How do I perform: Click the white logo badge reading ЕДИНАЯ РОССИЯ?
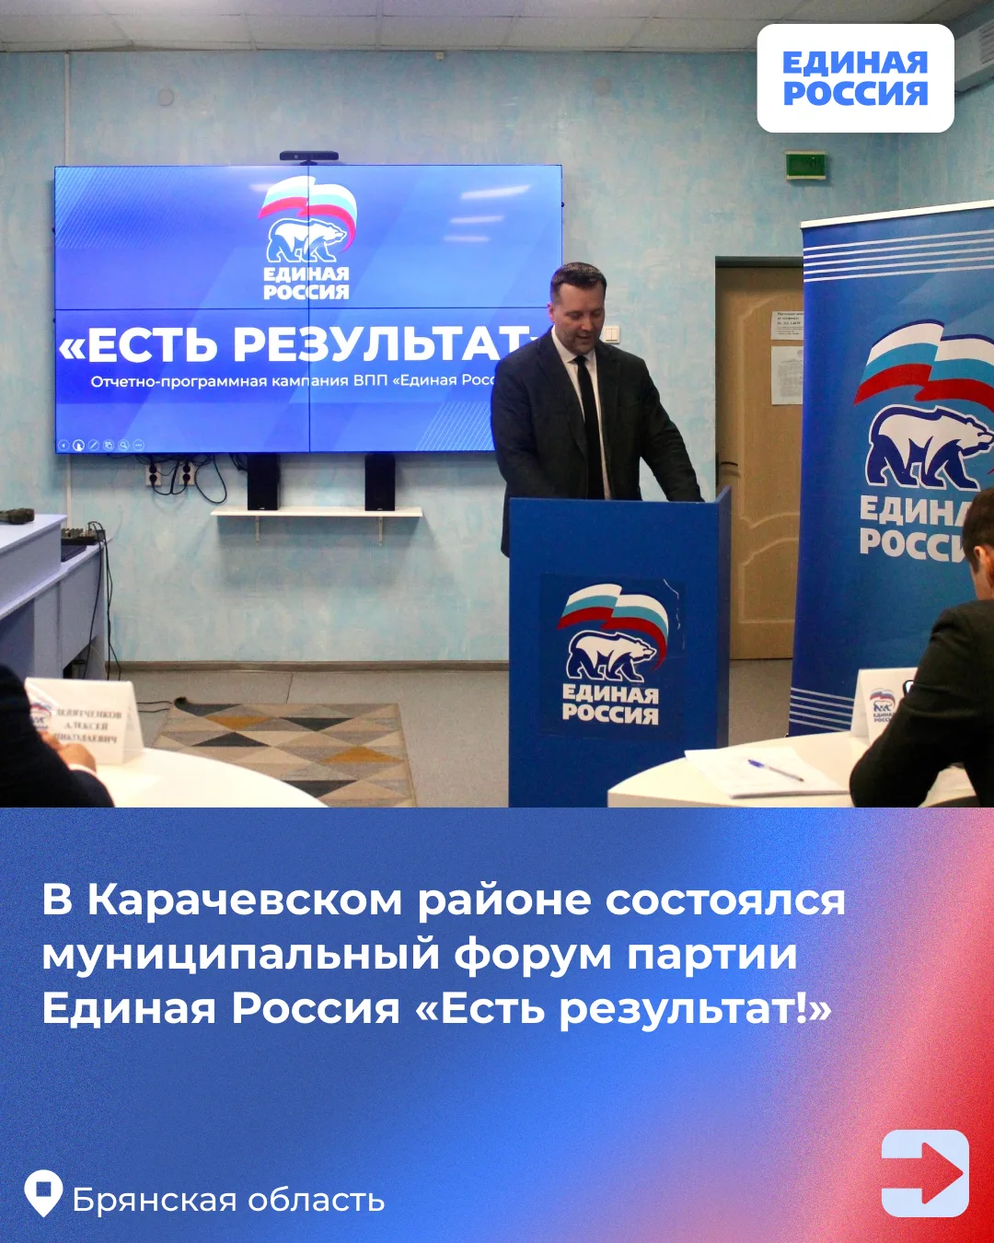click(855, 78)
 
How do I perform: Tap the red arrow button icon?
click(925, 1173)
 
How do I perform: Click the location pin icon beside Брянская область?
click(43, 1193)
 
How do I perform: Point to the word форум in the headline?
click(533, 954)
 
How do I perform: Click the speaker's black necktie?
click(590, 424)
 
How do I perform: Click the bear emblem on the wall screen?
click(306, 238)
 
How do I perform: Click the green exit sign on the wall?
click(805, 165)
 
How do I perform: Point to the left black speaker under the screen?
click(262, 482)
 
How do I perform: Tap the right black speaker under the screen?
click(379, 482)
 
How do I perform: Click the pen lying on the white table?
click(775, 770)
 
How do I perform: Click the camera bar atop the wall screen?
click(308, 157)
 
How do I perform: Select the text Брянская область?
click(228, 1201)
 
